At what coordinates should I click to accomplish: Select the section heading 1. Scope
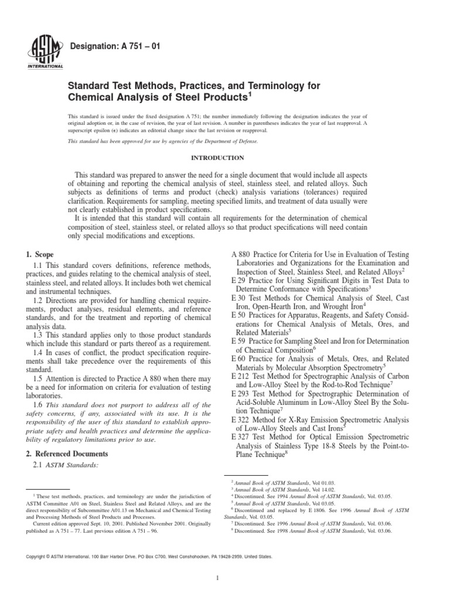pyautogui.click(x=40, y=255)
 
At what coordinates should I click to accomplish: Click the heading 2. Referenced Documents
pyautogui.click(x=67, y=454)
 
